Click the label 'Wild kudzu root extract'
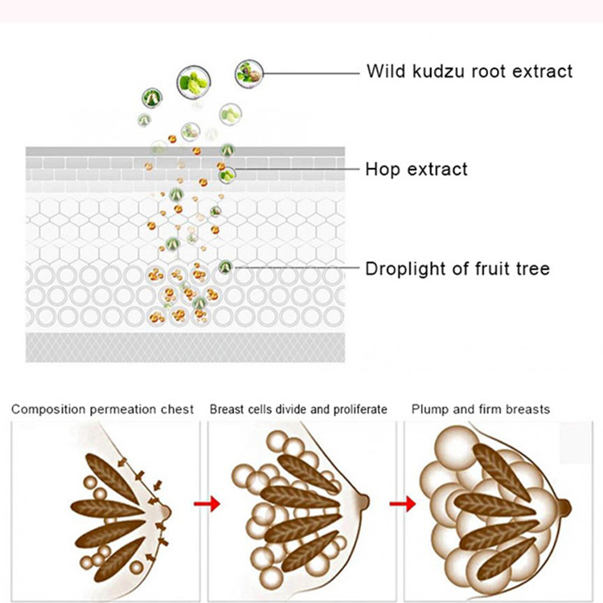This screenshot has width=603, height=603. tap(470, 72)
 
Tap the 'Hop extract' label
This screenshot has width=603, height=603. tap(416, 169)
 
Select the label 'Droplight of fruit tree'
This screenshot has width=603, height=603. tap(457, 269)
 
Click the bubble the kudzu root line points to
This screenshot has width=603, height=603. tap(249, 73)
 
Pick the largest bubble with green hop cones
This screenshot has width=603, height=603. tap(194, 82)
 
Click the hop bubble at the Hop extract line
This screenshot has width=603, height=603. tap(228, 175)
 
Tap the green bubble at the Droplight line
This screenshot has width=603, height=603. tap(225, 266)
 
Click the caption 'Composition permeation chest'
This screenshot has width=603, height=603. tap(102, 409)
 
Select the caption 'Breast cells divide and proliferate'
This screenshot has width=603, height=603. tap(298, 409)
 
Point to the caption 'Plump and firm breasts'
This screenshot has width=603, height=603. tap(481, 409)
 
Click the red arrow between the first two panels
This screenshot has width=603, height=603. tap(207, 503)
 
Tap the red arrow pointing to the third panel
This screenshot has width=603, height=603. tap(403, 503)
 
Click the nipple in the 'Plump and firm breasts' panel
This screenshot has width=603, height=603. tap(564, 507)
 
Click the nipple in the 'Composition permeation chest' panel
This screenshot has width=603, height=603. tap(165, 512)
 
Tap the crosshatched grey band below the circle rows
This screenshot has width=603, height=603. tap(186, 347)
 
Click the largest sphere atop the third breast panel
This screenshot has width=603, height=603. tap(457, 446)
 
